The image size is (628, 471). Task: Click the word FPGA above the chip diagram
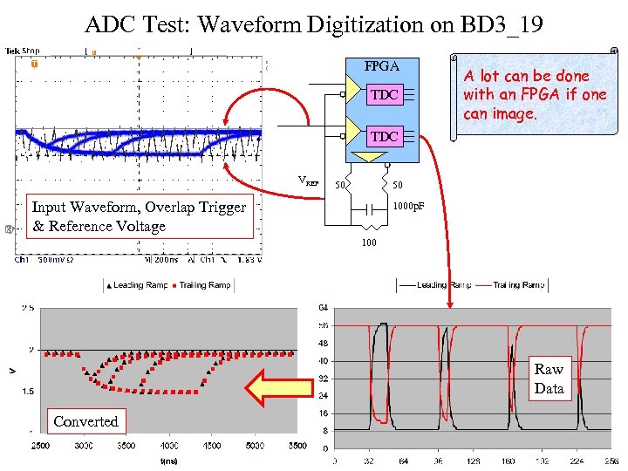tap(381, 66)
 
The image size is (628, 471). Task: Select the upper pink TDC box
tap(385, 95)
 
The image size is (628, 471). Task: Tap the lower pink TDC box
tap(385, 136)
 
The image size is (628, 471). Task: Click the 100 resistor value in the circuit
tap(369, 242)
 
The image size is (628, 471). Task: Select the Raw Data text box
tap(549, 379)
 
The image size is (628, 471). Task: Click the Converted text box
tap(85, 421)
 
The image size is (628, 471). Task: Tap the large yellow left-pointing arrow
tap(278, 387)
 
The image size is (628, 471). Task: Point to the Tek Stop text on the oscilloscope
tap(23, 51)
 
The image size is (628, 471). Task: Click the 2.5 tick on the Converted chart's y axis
tap(28, 308)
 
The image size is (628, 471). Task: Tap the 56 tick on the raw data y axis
tap(324, 324)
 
